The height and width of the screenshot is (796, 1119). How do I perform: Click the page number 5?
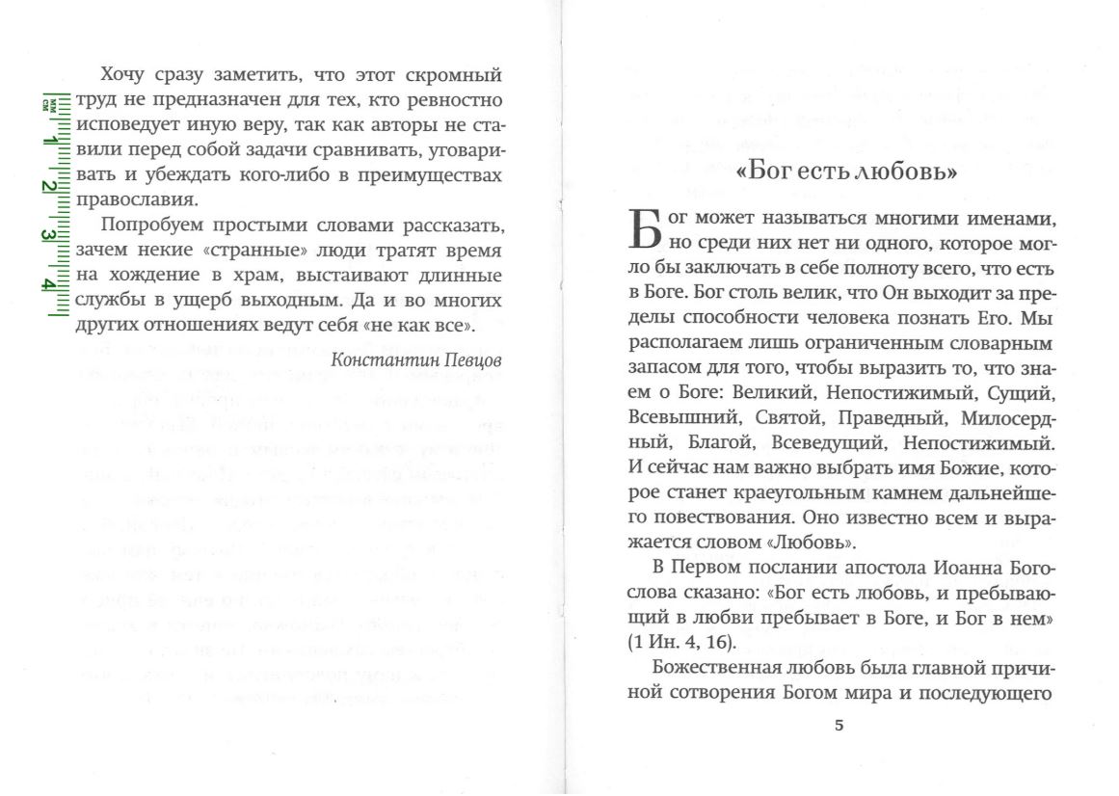[839, 726]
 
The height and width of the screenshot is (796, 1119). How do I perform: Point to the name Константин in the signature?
[378, 358]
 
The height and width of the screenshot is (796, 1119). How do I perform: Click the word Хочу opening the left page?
[122, 74]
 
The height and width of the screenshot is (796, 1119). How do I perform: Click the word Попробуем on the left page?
[145, 226]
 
